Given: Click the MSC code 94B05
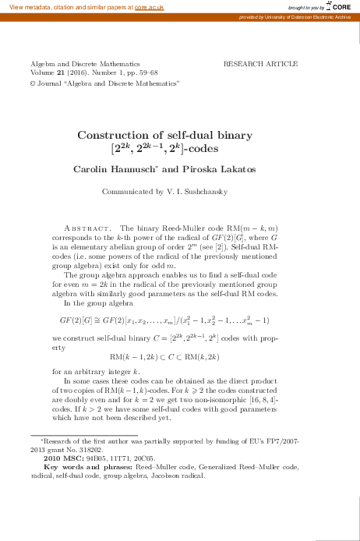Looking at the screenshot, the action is coord(104,458).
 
